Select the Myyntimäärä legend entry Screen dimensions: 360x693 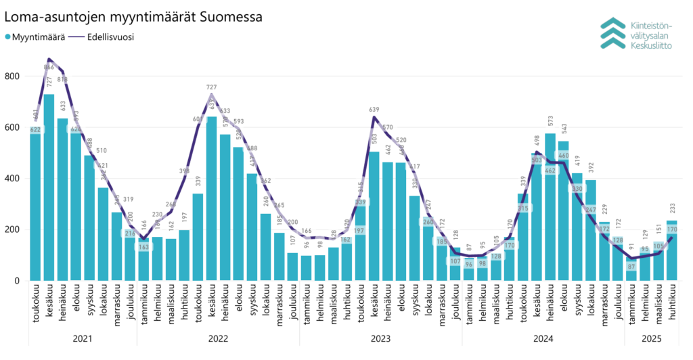pyautogui.click(x=35, y=37)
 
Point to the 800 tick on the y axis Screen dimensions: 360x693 pyautogui.click(x=12, y=76)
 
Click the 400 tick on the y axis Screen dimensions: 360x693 pyautogui.click(x=12, y=179)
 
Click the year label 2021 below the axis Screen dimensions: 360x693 pyautogui.click(x=83, y=338)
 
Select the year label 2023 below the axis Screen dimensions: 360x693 pyautogui.click(x=380, y=338)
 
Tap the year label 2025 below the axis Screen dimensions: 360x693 pyautogui.click(x=652, y=338)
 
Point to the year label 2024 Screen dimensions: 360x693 pyautogui.click(x=543, y=338)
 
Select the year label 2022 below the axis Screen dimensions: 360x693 pyautogui.click(x=218, y=338)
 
